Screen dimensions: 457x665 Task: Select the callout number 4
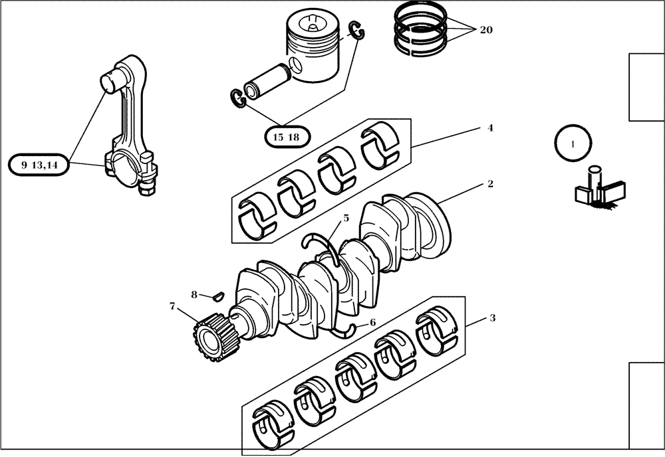tap(490, 128)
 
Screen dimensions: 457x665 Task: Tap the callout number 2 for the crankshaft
tap(490, 184)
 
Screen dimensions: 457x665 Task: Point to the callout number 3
tap(492, 318)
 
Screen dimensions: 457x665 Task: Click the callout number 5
tap(346, 218)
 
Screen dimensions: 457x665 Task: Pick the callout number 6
tap(372, 322)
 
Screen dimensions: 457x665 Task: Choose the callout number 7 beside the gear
tap(172, 306)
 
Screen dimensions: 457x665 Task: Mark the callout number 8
tap(194, 294)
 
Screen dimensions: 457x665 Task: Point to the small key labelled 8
tap(217, 295)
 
